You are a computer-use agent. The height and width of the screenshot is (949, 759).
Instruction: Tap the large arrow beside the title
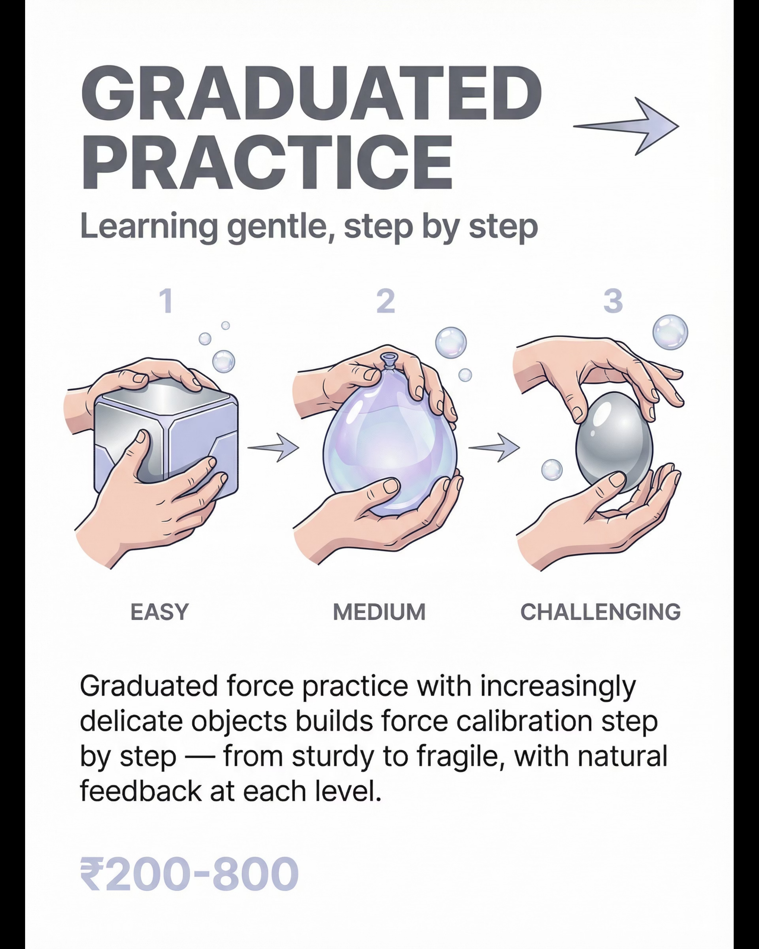(626, 126)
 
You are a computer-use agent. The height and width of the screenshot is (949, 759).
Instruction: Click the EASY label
(160, 612)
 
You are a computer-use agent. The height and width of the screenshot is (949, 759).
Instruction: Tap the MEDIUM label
(379, 612)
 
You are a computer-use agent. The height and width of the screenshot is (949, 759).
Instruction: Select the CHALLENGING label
(601, 612)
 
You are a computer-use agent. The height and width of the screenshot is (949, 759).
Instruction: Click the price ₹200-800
(189, 874)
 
